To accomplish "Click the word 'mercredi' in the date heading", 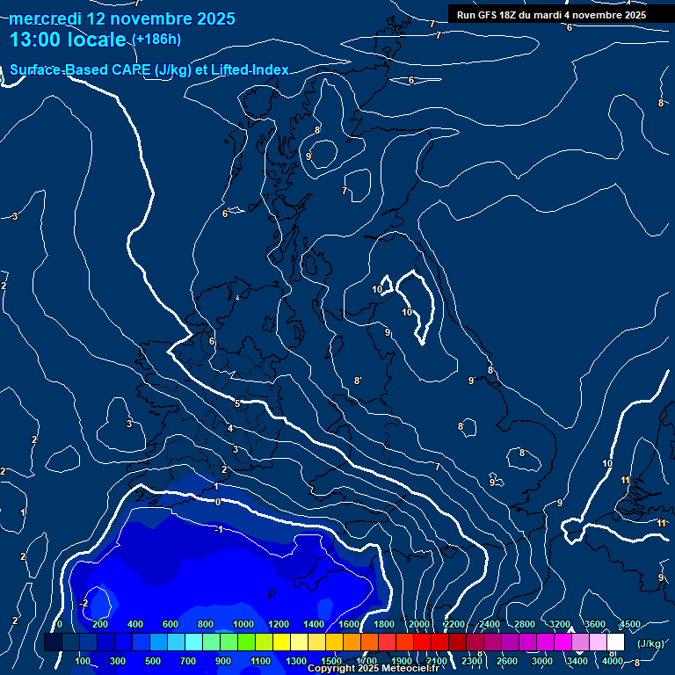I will [x=45, y=18].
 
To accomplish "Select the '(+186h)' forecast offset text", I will [x=156, y=40].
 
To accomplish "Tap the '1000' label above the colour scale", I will [x=243, y=624].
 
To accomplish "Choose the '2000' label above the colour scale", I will [x=419, y=624].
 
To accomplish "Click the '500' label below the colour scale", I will [x=153, y=661].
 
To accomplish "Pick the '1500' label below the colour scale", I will [x=331, y=661].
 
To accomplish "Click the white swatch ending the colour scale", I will [x=615, y=642].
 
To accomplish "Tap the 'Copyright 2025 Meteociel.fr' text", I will [x=374, y=669].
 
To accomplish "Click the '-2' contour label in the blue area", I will [x=83, y=603].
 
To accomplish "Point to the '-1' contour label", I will [x=219, y=529].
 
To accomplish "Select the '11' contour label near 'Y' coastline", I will [x=625, y=480].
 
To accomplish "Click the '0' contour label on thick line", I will [x=218, y=502].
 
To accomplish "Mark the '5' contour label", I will [x=237, y=403].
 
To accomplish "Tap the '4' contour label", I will [x=230, y=429].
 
